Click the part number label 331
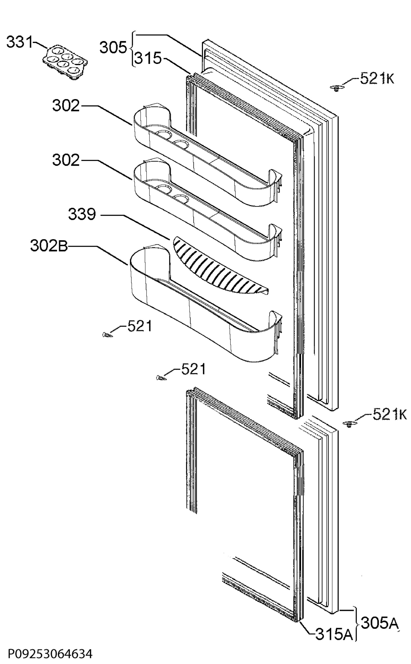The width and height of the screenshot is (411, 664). click(x=20, y=43)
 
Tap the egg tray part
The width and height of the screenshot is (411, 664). click(x=65, y=63)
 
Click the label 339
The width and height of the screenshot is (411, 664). click(x=82, y=214)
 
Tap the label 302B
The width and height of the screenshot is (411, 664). click(x=49, y=246)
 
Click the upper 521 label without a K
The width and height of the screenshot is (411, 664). click(x=140, y=326)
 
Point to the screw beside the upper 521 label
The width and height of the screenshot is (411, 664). click(x=106, y=335)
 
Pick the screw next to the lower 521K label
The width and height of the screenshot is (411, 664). click(x=349, y=424)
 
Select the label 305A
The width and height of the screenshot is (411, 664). click(x=380, y=615)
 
